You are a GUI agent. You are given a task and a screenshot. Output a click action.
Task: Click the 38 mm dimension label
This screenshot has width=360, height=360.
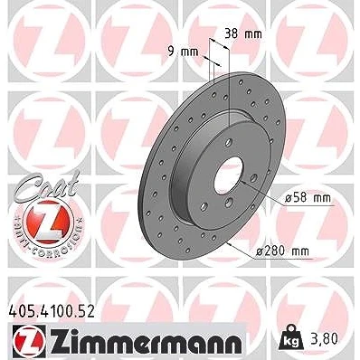click(x=243, y=34)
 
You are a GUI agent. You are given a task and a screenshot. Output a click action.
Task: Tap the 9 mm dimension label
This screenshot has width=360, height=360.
click(x=183, y=52)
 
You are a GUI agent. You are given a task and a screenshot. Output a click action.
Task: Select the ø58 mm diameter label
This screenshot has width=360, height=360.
click(x=308, y=198)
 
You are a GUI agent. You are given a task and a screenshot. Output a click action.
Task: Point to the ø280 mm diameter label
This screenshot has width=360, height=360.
click(x=282, y=251)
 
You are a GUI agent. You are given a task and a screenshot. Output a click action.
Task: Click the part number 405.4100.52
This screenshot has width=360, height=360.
click(x=51, y=311)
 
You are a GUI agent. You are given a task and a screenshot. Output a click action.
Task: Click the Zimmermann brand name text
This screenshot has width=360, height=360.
click(x=146, y=338)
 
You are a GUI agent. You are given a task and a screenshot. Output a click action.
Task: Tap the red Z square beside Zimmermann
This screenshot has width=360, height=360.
click(x=29, y=339)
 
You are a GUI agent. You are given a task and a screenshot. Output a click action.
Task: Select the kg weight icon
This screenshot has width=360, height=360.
click(x=290, y=336)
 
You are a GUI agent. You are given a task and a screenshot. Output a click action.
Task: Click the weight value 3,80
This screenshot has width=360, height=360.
click(x=324, y=338)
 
